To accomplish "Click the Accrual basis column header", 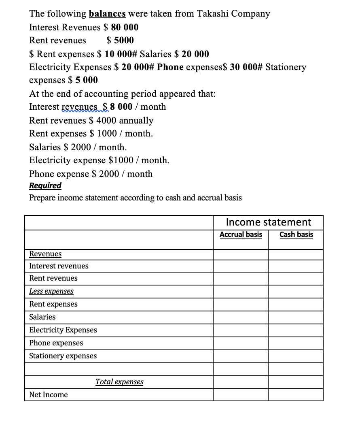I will [241, 234].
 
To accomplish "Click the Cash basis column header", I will [296, 234].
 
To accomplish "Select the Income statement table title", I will [268, 222].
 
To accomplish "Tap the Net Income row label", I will [49, 394].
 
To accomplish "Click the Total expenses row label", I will [119, 382].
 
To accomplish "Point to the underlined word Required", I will [45, 185].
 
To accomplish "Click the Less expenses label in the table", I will [51, 291].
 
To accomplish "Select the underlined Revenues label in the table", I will [45, 253].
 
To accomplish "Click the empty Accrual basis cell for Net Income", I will [241, 395].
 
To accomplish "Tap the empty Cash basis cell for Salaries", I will [296, 317].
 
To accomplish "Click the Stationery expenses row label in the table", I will [63, 356].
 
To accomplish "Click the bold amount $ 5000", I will [120, 40].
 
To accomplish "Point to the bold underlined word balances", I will [107, 13].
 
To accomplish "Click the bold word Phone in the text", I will [170, 67].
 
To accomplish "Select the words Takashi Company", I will [233, 13].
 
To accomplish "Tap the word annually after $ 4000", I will [136, 120].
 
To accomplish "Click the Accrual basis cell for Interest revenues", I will [241, 266].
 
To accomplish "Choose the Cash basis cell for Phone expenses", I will [296, 343].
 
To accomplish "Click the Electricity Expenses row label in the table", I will [63, 330].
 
